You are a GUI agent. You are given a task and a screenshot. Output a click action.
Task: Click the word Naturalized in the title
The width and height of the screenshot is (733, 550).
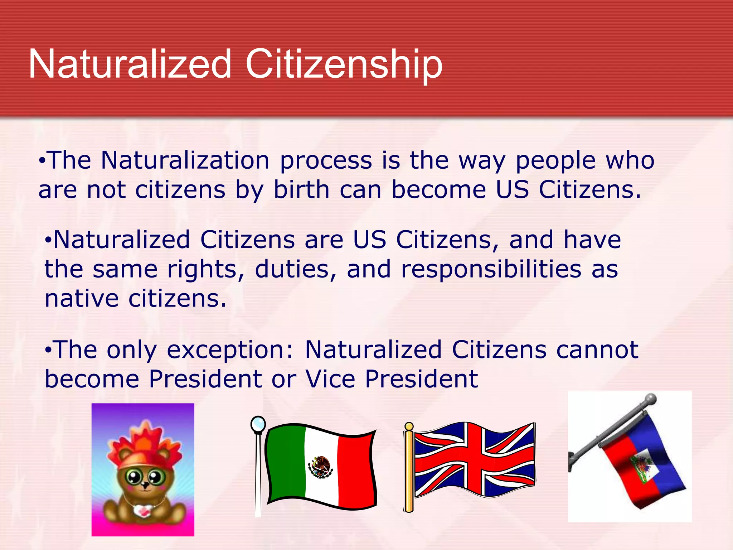(x=130, y=64)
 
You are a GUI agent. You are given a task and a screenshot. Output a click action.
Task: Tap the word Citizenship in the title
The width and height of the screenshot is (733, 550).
(x=344, y=64)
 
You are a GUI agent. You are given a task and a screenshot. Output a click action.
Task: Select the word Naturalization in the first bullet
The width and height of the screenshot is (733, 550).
(x=185, y=160)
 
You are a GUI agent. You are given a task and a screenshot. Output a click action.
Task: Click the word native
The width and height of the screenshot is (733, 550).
(x=82, y=299)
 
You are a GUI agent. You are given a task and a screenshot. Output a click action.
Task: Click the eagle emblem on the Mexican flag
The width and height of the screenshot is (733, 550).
(x=321, y=467)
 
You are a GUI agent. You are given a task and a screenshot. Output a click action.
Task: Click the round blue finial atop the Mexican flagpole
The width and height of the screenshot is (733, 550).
(x=258, y=424)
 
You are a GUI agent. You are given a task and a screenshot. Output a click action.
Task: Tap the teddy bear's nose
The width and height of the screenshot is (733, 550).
(x=145, y=485)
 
